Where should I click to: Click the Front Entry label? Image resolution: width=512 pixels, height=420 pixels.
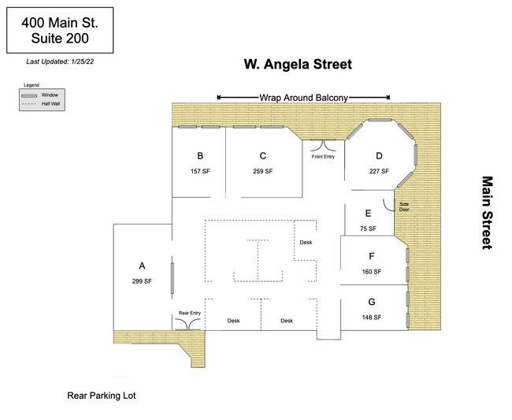[x=323, y=157]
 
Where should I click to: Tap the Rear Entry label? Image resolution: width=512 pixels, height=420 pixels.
[x=190, y=313]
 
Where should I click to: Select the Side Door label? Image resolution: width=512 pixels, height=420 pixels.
[x=404, y=206]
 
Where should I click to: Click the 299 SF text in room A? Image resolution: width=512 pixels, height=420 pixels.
[x=142, y=281]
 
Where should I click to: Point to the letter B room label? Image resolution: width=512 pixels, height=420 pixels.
[x=200, y=156]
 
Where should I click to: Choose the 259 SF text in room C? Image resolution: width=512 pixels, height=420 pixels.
[x=263, y=171]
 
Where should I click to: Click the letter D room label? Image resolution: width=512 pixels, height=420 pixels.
[x=379, y=156]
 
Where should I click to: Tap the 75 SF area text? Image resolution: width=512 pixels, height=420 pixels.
[x=368, y=229]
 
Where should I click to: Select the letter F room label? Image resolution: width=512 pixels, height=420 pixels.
[x=371, y=256]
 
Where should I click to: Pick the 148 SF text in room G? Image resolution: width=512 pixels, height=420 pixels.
[x=372, y=317]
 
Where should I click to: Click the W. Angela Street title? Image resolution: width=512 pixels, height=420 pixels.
[x=298, y=64]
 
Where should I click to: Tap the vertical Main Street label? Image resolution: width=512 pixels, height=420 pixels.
[x=487, y=213]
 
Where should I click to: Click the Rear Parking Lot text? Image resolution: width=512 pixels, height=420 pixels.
[x=102, y=396]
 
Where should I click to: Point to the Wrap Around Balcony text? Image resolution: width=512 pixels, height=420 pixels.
[x=304, y=98]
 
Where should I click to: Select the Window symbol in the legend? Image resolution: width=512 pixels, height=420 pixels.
[x=29, y=95]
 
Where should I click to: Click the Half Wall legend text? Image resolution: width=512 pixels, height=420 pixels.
[x=50, y=104]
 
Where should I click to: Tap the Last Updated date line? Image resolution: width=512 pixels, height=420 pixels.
[x=60, y=61]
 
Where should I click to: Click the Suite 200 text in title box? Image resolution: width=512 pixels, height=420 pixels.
[x=60, y=38]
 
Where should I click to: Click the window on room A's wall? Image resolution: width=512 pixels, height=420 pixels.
[x=172, y=278]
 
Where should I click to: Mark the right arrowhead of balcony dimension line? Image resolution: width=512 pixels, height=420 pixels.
[x=388, y=97]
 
